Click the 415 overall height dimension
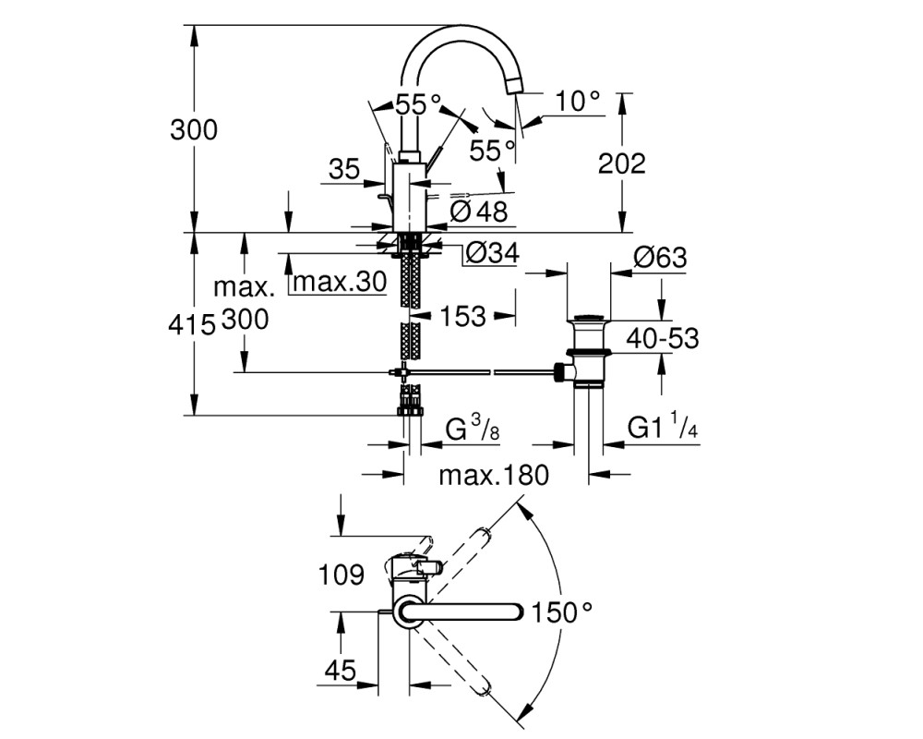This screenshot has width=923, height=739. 191,325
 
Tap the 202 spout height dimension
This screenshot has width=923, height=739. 621,164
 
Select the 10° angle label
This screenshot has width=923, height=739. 578,102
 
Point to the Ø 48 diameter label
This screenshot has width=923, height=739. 478,212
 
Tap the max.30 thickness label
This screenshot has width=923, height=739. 340,282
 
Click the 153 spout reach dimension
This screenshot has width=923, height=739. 462,317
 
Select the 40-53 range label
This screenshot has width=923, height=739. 662,338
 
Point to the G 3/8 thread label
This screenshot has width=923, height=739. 473,429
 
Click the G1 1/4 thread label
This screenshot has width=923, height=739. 662,428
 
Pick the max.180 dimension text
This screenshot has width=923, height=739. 494,475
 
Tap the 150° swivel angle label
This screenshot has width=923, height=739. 562,612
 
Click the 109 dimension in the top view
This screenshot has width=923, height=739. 342,574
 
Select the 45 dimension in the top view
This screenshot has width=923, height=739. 341,670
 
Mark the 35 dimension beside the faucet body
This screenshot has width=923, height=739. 344,170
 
